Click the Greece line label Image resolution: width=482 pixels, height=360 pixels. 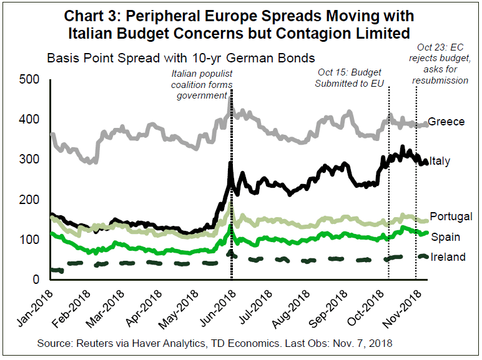click(446, 122)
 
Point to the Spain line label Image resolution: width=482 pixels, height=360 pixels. click(446, 237)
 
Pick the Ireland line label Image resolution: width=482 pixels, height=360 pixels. click(448, 257)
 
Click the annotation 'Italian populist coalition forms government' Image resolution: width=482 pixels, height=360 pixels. click(202, 84)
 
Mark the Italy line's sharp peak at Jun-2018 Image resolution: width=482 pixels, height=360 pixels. click(231, 163)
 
